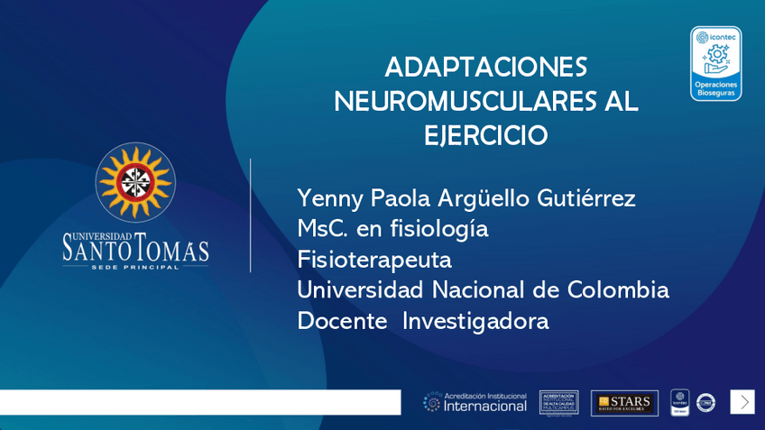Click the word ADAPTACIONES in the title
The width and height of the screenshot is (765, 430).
(485, 68)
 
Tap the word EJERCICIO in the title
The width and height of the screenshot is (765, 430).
(485, 136)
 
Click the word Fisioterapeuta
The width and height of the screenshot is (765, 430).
(373, 260)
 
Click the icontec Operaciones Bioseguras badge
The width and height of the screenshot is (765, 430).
(715, 63)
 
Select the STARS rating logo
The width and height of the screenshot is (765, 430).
(624, 402)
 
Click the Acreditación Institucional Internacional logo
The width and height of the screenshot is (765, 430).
(475, 402)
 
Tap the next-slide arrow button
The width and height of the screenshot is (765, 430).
(742, 402)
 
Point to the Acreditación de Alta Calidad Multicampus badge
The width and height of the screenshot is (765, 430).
(558, 402)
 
